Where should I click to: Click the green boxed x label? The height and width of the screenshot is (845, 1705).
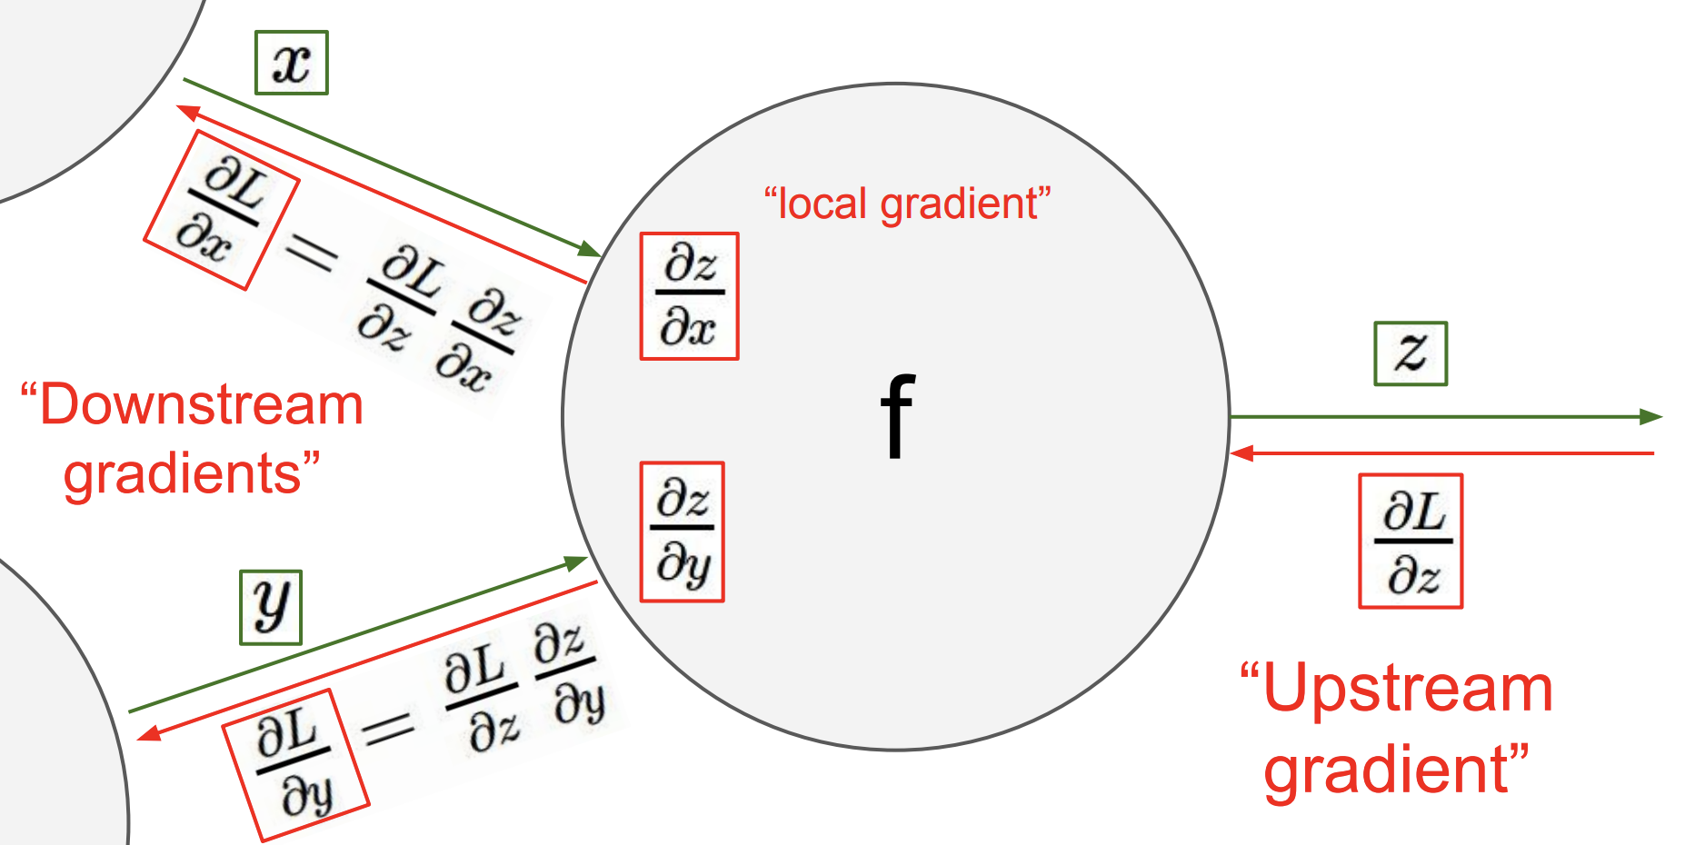point(291,63)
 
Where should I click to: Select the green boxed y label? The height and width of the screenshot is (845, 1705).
point(271,608)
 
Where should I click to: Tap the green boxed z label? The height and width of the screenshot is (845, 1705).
point(1410,353)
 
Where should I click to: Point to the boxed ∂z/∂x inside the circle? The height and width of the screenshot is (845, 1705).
point(689,296)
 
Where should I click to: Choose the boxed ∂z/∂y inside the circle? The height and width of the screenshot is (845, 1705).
point(682,532)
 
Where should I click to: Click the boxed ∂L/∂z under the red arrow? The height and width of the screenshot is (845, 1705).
point(1411,542)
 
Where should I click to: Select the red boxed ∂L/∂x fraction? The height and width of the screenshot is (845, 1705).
point(221,210)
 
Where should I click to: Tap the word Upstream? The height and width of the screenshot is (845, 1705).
point(1407,688)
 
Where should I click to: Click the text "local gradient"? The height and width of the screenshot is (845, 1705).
point(908,204)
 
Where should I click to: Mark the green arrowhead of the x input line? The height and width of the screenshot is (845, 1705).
point(589,249)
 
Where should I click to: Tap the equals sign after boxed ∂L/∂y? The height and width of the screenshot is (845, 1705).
point(388,728)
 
